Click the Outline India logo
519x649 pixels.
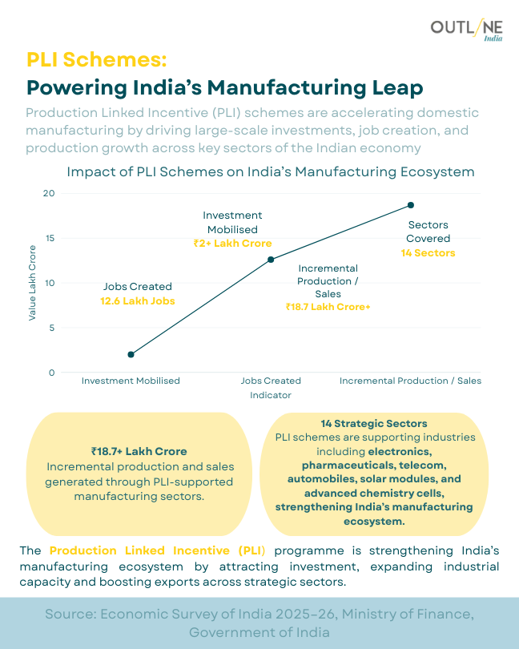(x=467, y=30)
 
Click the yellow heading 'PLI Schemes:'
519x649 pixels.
(x=97, y=60)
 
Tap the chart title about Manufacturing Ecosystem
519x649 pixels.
(x=271, y=172)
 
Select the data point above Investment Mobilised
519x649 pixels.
(x=131, y=354)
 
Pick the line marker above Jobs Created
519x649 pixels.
(x=271, y=260)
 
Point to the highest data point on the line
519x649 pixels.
(x=411, y=205)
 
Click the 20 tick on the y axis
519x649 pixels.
(x=50, y=193)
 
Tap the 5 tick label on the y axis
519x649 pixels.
(x=52, y=328)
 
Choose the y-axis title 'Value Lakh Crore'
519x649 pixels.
(x=33, y=283)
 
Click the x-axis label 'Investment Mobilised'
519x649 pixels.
(x=131, y=381)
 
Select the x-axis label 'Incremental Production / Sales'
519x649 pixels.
(x=411, y=381)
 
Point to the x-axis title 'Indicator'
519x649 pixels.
(x=271, y=395)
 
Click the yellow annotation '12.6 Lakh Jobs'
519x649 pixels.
(x=138, y=301)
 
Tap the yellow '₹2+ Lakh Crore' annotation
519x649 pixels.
(x=232, y=244)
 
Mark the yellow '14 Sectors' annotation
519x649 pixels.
(x=428, y=253)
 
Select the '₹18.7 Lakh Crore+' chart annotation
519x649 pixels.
(x=328, y=306)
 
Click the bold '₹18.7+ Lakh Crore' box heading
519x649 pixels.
(x=139, y=451)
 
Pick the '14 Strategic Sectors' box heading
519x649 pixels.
(x=374, y=423)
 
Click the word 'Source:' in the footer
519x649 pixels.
(x=72, y=614)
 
